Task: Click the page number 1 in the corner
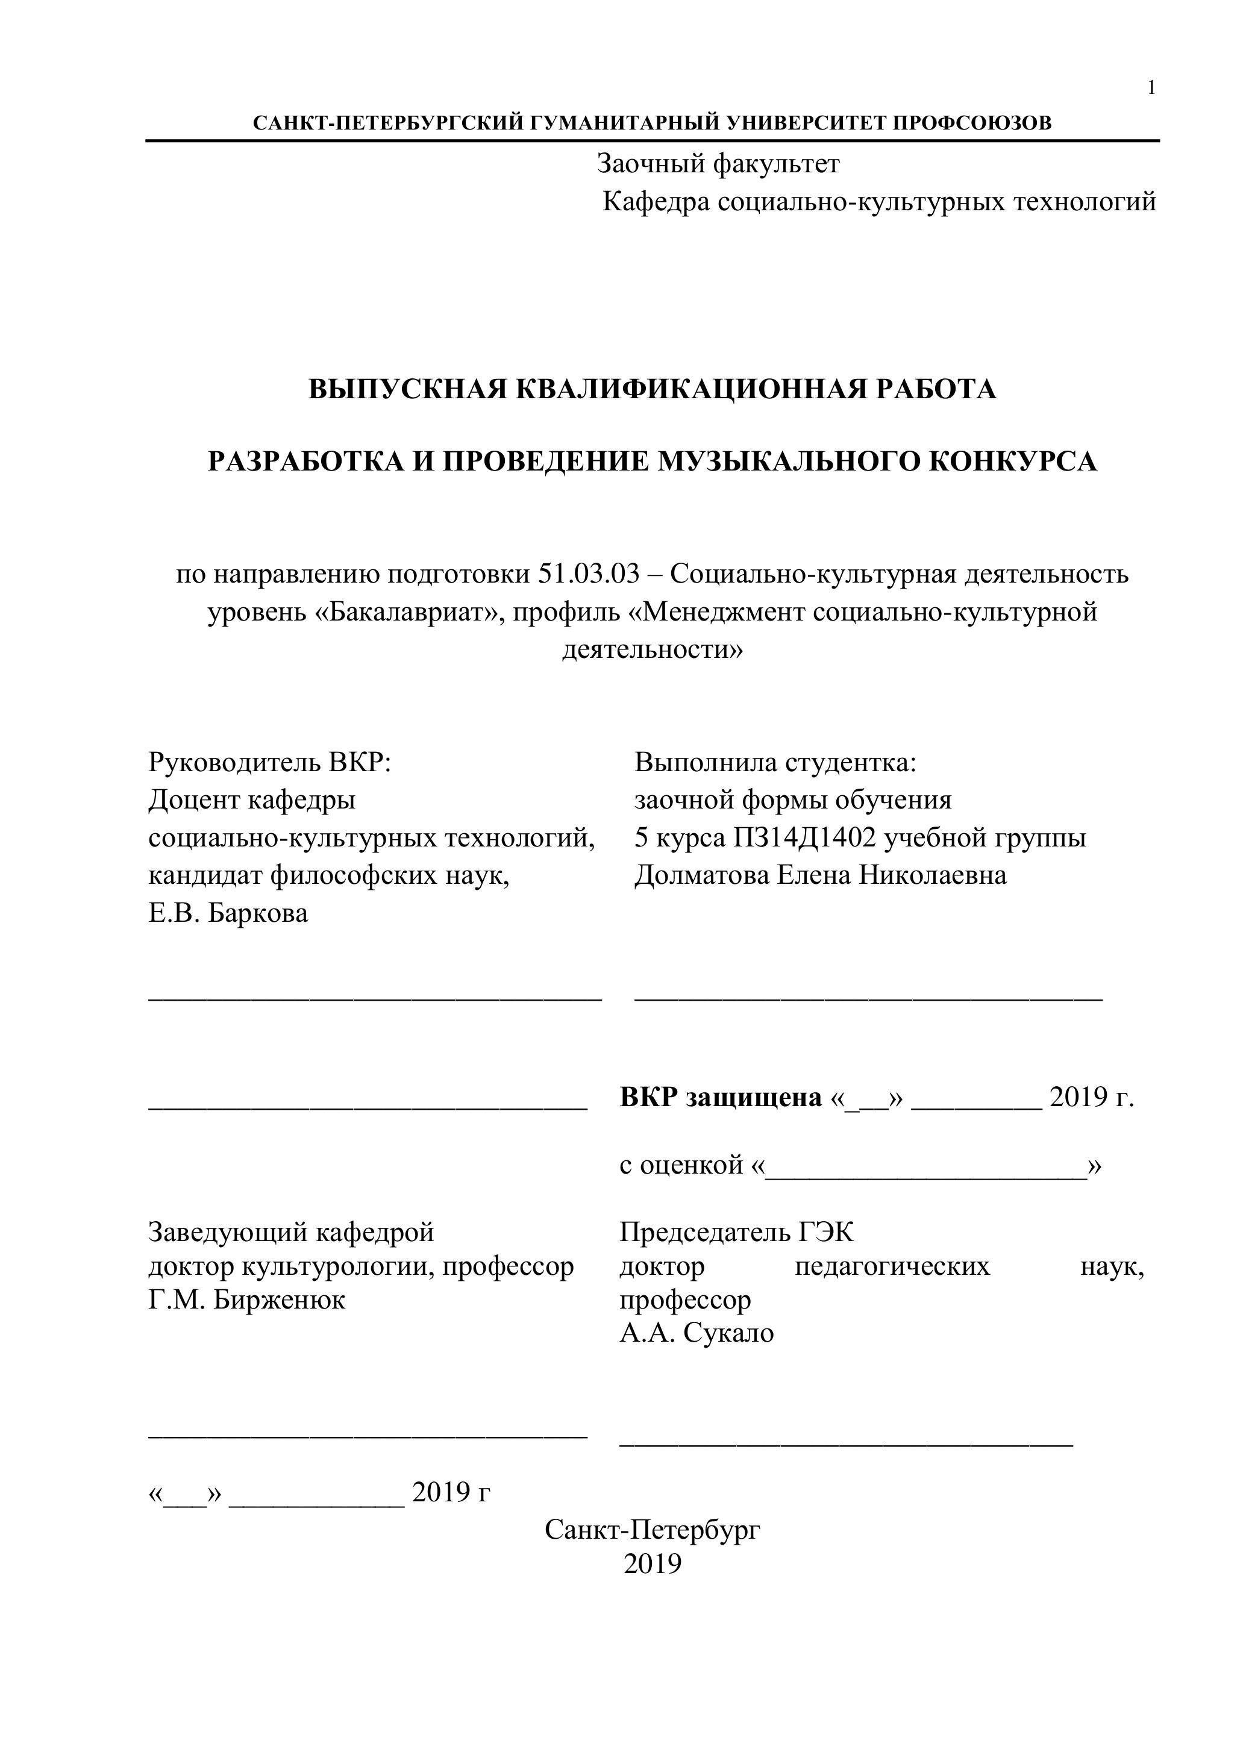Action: tap(1151, 88)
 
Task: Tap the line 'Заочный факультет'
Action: tap(718, 164)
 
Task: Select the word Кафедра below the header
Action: tap(656, 202)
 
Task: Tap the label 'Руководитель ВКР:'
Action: tap(270, 763)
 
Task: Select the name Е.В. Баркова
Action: tap(228, 913)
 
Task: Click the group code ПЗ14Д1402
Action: tap(805, 838)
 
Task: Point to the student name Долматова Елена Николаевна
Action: tap(820, 875)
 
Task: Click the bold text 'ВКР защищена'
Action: tap(721, 1098)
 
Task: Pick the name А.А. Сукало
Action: tap(697, 1333)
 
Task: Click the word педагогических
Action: tap(892, 1266)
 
